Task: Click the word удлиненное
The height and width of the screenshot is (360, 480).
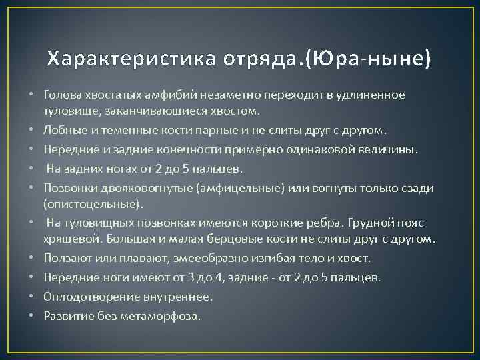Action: [x=370, y=95]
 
